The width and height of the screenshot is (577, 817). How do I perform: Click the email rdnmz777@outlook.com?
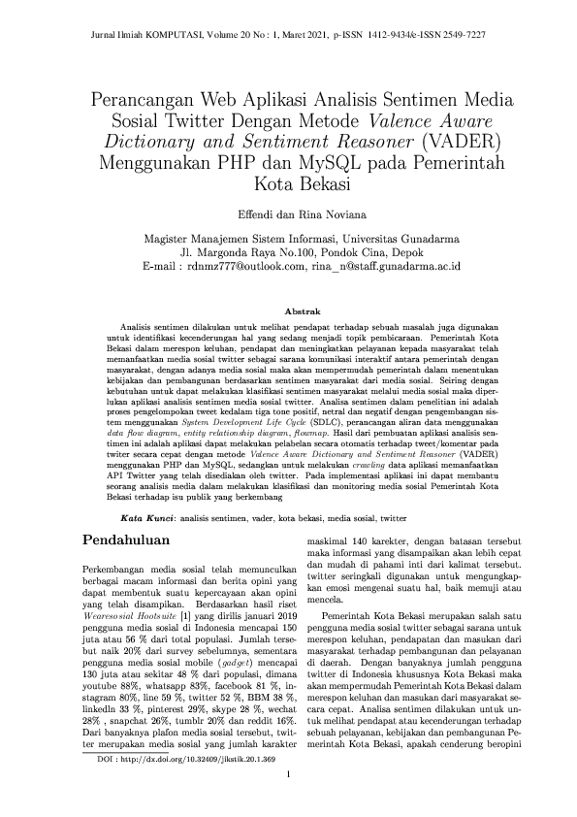pos(244,264)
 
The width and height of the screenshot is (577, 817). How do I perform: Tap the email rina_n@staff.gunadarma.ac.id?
pos(386,264)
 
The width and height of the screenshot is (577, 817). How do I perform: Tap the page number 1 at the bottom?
pos(288,774)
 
